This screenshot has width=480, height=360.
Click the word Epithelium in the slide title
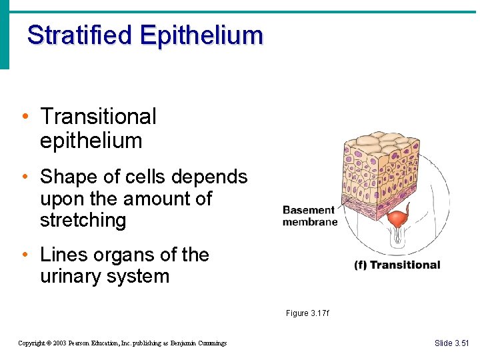(201, 35)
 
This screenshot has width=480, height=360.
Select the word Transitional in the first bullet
(98, 117)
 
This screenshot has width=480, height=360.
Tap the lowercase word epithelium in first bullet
(91, 141)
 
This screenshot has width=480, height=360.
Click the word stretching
(83, 221)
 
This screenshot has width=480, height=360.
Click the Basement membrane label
(309, 216)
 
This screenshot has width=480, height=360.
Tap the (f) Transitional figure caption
(397, 265)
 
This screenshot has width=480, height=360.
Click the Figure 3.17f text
(307, 313)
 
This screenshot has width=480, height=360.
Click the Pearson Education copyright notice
(122, 343)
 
